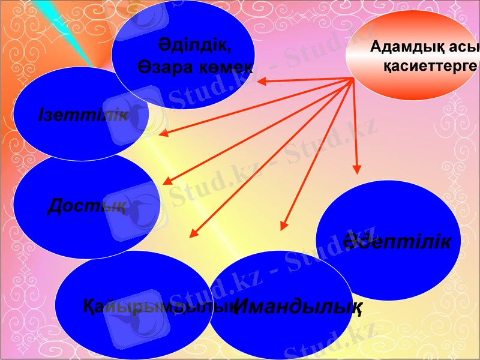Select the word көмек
(x=226, y=66)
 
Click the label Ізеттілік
(x=83, y=115)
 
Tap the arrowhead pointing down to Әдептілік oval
(x=358, y=170)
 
